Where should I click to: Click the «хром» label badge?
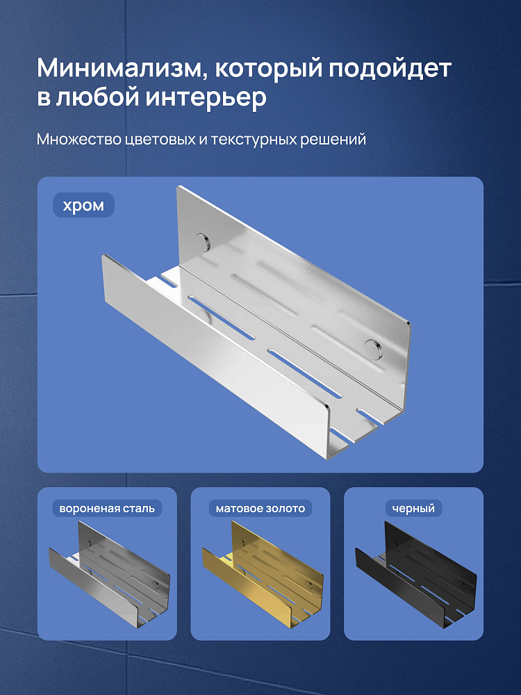coord(84,205)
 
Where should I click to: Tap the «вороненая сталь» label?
coord(107,509)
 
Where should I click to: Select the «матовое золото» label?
coord(260,509)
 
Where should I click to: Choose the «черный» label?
coord(414,509)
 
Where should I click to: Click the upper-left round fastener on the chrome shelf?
coord(204,241)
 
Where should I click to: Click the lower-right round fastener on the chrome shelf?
coord(372,348)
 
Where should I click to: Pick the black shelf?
coord(415,575)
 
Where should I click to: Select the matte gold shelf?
coord(263,575)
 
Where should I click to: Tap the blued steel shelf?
coord(109,575)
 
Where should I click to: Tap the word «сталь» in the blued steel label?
coord(140,509)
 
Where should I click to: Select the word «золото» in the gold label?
coord(286,509)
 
